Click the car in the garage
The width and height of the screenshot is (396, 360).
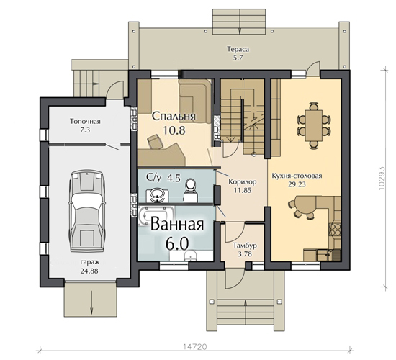click(87, 212)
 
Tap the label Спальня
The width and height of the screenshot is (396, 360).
click(174, 116)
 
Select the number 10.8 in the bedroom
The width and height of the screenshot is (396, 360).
click(174, 130)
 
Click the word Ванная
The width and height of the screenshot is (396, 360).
click(177, 224)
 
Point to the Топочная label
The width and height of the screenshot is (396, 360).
click(85, 122)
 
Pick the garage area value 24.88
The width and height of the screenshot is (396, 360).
click(89, 271)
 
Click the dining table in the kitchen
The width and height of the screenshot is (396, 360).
click(314, 125)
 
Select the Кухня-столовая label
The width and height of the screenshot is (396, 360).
click(297, 176)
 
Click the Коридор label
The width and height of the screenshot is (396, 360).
click(243, 181)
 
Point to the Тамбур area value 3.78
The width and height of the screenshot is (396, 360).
click(245, 254)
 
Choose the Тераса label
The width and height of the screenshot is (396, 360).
click(238, 49)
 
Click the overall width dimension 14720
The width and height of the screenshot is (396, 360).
click(195, 346)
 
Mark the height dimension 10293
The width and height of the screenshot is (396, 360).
click(382, 178)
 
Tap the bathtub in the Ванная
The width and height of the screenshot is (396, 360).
click(156, 215)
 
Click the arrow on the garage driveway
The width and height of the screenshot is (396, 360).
click(91, 302)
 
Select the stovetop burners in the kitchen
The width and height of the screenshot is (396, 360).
click(335, 229)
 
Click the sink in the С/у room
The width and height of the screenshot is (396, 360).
click(158, 194)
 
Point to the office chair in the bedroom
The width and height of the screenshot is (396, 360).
click(155, 141)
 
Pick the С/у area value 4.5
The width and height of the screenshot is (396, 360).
click(174, 178)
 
